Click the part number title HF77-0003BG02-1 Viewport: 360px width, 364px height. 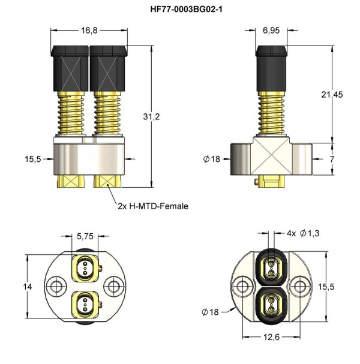pyautogui.click(x=181, y=10)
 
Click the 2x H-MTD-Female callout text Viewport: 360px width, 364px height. pyautogui.click(x=153, y=206)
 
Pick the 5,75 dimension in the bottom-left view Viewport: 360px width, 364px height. pyautogui.click(x=85, y=237)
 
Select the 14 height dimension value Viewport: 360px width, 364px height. pyautogui.click(x=27, y=287)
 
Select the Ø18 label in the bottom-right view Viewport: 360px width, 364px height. pyautogui.click(x=213, y=311)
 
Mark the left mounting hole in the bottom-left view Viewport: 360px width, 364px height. pyautogui.click(x=57, y=284)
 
